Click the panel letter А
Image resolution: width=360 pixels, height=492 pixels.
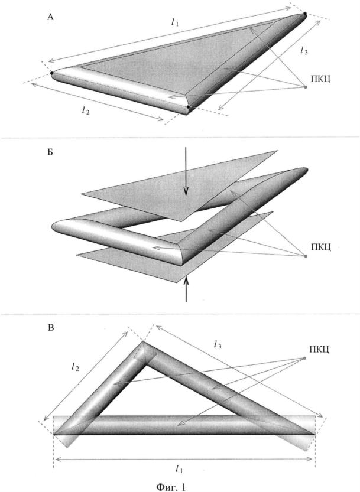[x=50, y=18]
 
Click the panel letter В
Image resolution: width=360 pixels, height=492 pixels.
[x=51, y=327]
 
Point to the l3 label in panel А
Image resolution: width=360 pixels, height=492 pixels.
[x=303, y=52]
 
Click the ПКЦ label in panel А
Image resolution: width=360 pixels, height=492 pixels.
[x=321, y=78]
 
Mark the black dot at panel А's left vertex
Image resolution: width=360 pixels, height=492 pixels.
[x=52, y=73]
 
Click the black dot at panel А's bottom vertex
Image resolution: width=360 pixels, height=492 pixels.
[x=189, y=108]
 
